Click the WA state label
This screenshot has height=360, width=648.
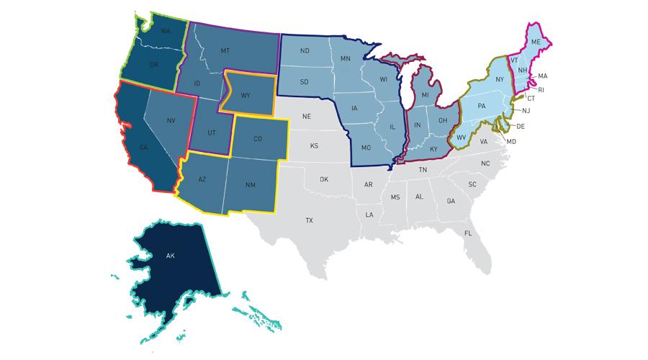tap(165, 32)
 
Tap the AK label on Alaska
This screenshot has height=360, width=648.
tap(171, 256)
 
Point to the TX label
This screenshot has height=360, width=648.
tap(309, 220)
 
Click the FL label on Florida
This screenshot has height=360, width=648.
tap(467, 233)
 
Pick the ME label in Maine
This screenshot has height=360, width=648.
tap(535, 42)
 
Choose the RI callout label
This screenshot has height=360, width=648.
tap(541, 90)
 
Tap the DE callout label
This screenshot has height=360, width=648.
tap(521, 126)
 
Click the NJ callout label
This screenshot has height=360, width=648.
tap(526, 110)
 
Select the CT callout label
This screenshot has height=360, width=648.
tap(531, 98)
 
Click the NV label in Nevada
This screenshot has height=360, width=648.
tap(171, 120)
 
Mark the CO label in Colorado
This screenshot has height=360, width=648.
tap(258, 140)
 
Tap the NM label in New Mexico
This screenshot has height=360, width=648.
tap(250, 185)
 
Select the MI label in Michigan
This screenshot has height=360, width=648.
tap(425, 95)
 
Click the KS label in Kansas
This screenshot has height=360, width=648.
tap(314, 146)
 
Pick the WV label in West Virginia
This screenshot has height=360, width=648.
tap(461, 137)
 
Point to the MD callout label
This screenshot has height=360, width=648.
tap(512, 142)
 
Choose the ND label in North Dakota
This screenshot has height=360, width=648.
tap(305, 51)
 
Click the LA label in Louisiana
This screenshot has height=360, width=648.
tap(369, 215)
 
